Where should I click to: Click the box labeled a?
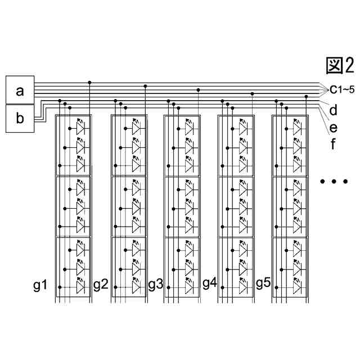point(20,90)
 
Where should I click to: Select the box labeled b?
point(20,118)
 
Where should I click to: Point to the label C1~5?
point(342,88)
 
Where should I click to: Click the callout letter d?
point(334,109)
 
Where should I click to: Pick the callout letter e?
point(334,127)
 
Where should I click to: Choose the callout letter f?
point(334,144)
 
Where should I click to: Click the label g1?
point(40,285)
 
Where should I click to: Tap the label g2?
point(100,285)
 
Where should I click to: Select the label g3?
point(155,285)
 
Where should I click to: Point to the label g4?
point(209,283)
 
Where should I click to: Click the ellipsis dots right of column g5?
point(334,182)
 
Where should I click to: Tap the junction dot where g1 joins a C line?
point(90,83)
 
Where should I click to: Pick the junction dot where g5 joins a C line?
point(306,96)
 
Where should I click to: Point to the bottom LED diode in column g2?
point(135,287)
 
